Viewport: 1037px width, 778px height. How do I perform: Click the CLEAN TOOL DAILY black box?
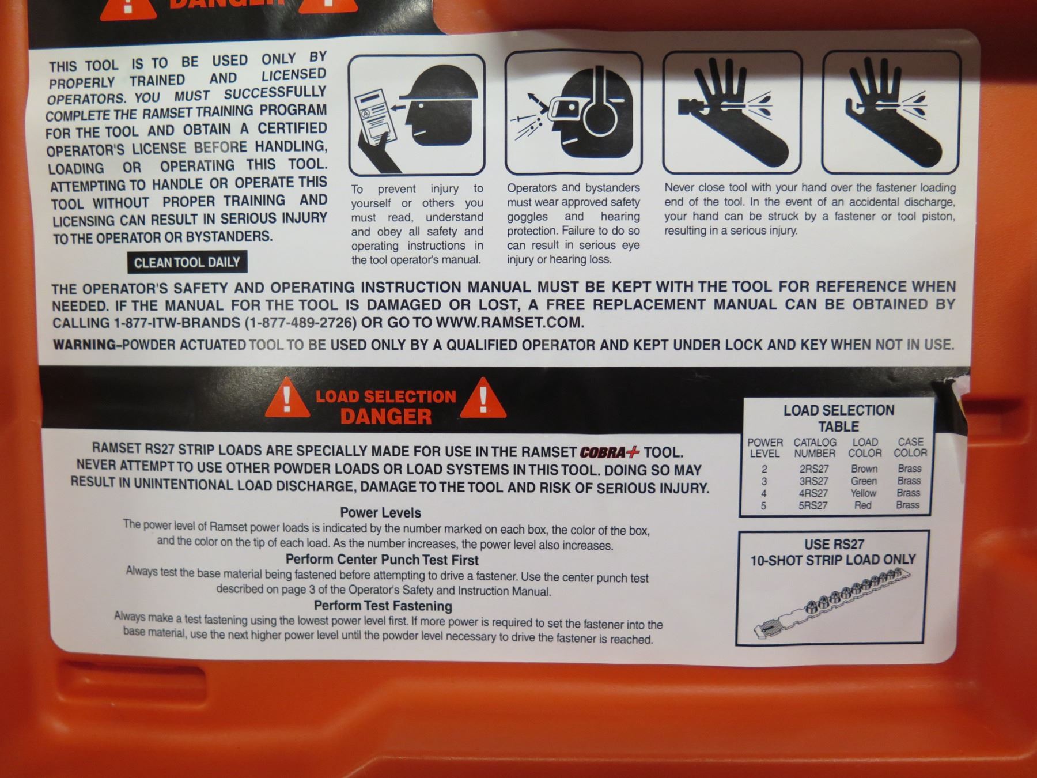pyautogui.click(x=187, y=262)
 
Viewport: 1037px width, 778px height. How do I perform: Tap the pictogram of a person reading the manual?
pyautogui.click(x=417, y=115)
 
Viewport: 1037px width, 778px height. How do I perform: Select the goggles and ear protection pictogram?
pyautogui.click(x=573, y=113)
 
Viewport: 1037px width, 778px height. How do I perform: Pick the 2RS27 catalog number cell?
pyautogui.click(x=813, y=469)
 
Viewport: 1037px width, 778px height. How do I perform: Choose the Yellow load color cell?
pyautogui.click(x=863, y=493)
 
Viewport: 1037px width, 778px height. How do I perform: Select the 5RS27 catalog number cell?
pyautogui.click(x=813, y=505)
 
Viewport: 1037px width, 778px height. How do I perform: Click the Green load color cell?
pyautogui.click(x=864, y=481)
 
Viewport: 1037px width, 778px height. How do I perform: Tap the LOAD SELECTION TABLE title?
pyautogui.click(x=839, y=418)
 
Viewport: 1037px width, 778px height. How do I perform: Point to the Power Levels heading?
pyautogui.click(x=380, y=512)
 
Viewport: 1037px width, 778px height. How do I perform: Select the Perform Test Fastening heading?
pyautogui.click(x=383, y=606)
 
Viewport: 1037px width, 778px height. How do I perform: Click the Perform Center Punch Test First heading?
pyautogui.click(x=382, y=560)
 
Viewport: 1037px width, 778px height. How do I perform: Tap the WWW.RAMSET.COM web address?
pyautogui.click(x=510, y=323)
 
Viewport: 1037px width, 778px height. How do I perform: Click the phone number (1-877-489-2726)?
pyautogui.click(x=301, y=323)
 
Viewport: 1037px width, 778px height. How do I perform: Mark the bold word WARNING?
pyautogui.click(x=85, y=345)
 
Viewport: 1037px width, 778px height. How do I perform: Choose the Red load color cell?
pyautogui.click(x=862, y=505)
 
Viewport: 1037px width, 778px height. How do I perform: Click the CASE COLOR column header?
pyautogui.click(x=910, y=448)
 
